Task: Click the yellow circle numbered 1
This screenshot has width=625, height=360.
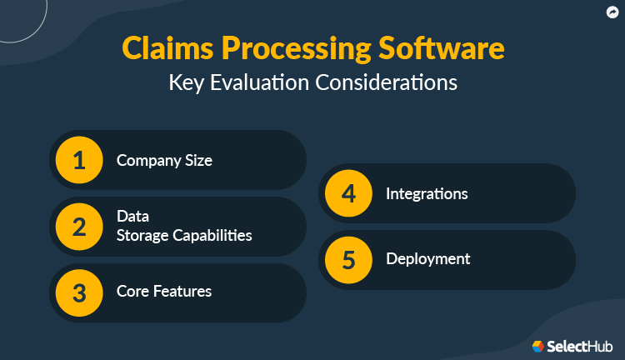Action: (79, 160)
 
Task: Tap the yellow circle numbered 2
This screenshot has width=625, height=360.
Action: (79, 226)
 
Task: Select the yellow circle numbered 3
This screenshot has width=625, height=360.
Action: (79, 292)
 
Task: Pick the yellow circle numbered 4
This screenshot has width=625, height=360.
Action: (348, 193)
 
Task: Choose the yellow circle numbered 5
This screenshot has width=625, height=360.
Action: (348, 259)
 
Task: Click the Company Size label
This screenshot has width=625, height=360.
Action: (164, 160)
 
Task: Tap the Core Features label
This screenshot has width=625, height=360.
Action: (163, 292)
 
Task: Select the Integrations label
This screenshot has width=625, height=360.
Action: (427, 193)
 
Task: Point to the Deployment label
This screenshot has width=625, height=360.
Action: (427, 259)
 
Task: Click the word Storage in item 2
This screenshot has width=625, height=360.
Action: (142, 235)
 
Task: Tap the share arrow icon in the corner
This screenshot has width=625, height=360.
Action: (612, 12)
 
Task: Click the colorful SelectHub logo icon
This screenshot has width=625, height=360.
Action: (538, 345)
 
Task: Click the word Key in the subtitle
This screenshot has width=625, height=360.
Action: (185, 82)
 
